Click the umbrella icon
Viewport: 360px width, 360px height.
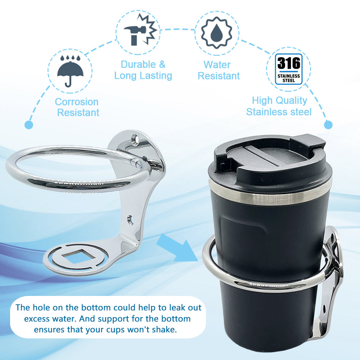70,71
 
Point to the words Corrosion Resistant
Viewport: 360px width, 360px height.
77,107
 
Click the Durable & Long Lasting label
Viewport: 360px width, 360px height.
143,70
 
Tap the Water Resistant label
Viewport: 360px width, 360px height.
219,70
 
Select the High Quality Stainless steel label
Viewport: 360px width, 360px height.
279,106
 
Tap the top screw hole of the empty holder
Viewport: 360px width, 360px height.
136,138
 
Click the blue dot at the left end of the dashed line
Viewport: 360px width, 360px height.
29,125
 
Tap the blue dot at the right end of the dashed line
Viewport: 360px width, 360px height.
328,125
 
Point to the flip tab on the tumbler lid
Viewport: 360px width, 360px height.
308,141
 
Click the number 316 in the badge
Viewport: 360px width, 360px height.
289,64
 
